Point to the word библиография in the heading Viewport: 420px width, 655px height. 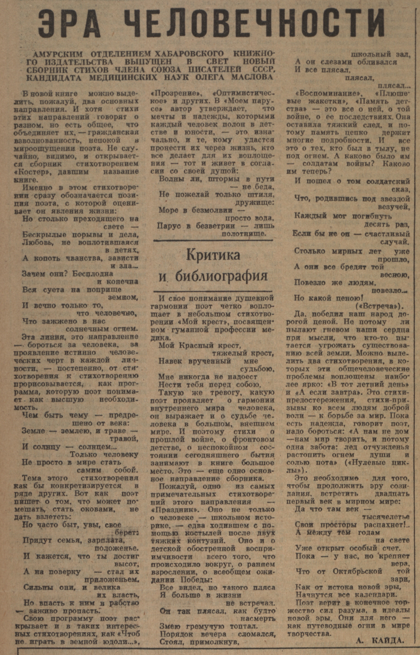[x=221, y=276]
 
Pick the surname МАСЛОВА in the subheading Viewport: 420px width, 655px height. [x=252, y=77]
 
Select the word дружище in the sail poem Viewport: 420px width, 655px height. [x=254, y=202]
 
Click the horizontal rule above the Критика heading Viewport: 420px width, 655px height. [x=213, y=240]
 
